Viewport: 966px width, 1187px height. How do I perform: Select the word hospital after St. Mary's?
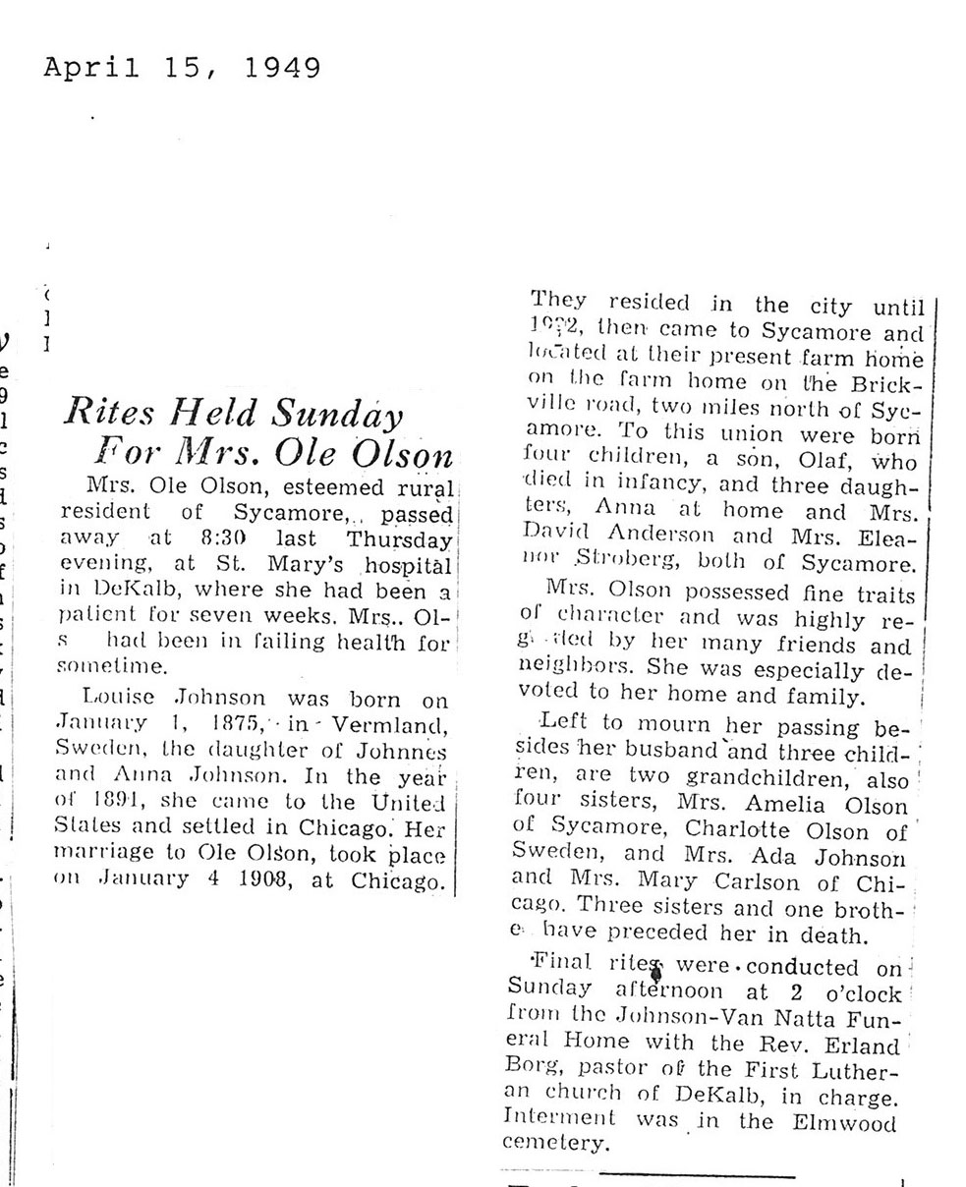(x=407, y=567)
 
